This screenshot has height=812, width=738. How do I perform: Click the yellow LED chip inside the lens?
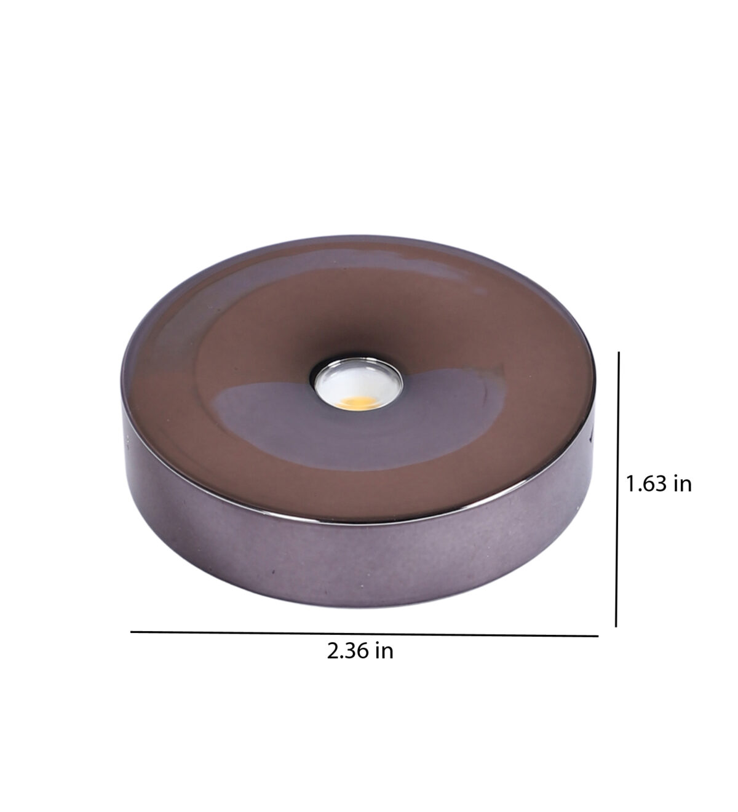click(356, 402)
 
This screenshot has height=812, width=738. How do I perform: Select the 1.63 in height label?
click(659, 484)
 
